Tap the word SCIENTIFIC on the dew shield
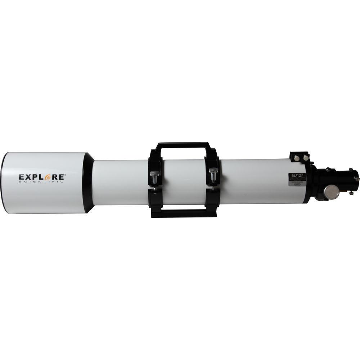click(x=41, y=182)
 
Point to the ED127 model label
click(x=297, y=176)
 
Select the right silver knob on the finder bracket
click(x=305, y=158)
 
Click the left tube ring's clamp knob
click(x=154, y=176)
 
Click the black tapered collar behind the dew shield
click(x=89, y=183)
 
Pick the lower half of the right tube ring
click(x=213, y=200)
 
